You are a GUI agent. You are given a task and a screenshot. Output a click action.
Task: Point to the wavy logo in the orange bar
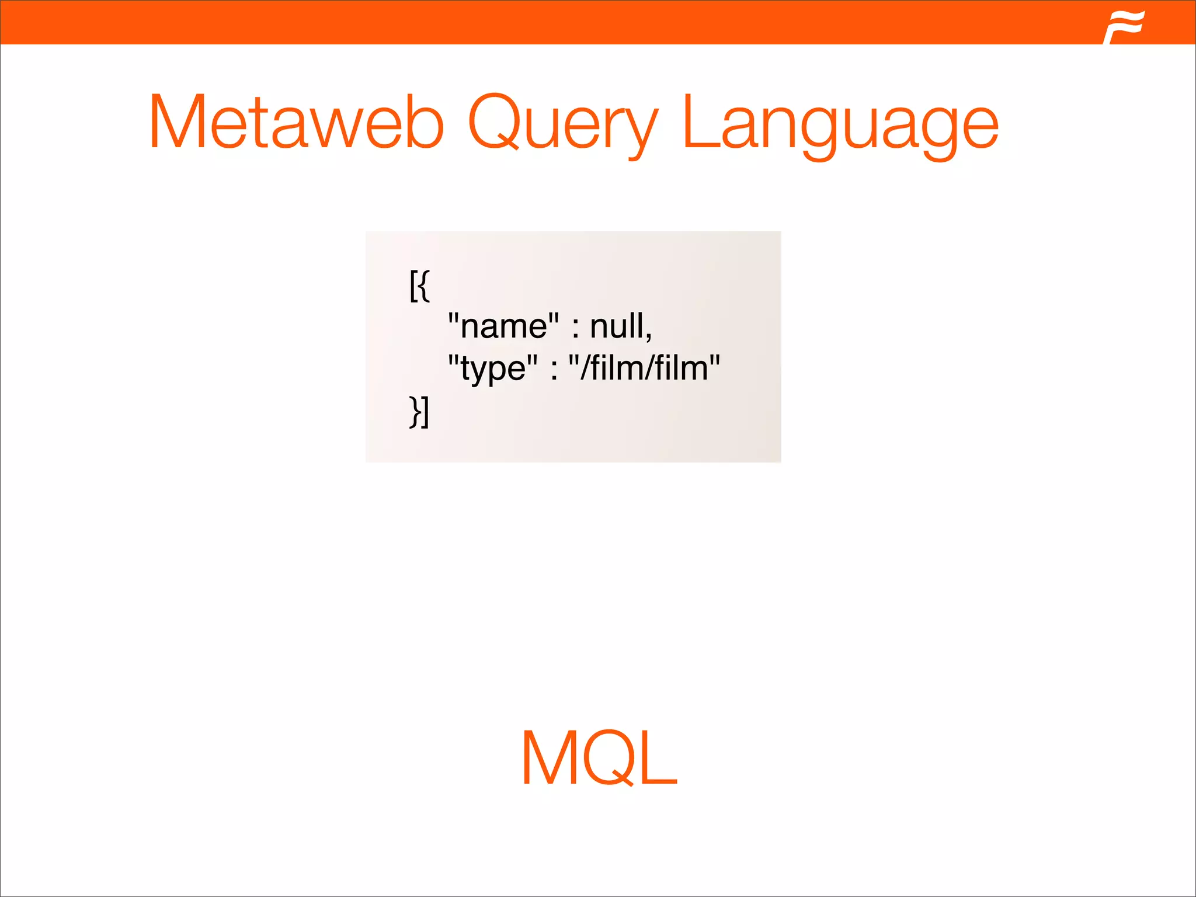[x=1124, y=26]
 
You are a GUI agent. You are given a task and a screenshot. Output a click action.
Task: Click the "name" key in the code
[x=503, y=326]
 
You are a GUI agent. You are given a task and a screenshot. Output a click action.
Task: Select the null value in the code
[x=617, y=326]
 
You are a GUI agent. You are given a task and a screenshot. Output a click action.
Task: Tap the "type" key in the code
[x=492, y=368]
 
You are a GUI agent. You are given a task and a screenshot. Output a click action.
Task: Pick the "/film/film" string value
[x=644, y=368]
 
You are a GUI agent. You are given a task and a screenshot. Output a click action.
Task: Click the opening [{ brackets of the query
[x=419, y=286]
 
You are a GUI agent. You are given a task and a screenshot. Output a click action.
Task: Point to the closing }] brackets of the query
[x=419, y=411]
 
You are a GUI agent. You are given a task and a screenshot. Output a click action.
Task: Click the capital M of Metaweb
[x=178, y=123]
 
